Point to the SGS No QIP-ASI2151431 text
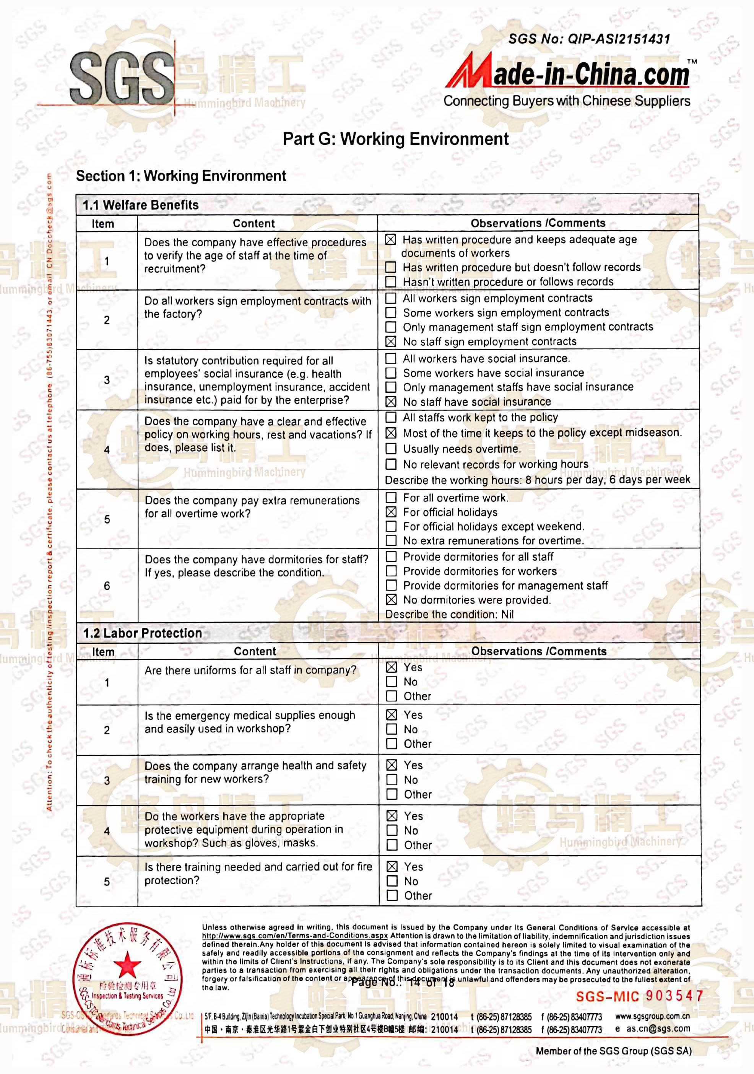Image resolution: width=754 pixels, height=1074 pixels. point(589,39)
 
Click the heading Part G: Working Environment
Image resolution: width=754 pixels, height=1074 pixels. point(395,139)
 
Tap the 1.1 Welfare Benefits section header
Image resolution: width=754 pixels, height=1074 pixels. point(140,205)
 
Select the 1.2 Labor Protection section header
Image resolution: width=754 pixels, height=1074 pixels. point(142,633)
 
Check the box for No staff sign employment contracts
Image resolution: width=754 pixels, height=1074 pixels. point(390,342)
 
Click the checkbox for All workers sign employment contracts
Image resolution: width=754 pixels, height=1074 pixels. point(390,298)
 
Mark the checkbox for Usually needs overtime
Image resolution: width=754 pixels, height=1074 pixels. point(390,449)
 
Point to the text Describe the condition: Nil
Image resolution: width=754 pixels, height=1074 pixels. point(449,614)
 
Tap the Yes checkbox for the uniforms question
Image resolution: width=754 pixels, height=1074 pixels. point(392,667)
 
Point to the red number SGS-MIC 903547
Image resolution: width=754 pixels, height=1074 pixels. point(639,996)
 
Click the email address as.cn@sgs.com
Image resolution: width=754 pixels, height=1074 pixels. point(658,1028)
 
